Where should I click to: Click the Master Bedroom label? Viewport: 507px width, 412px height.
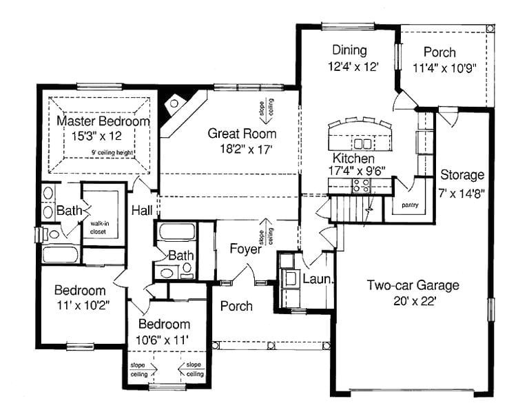103,121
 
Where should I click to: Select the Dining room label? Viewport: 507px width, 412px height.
349,50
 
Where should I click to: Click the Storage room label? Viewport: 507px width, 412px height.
462,175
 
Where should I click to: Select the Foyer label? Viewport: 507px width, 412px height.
246,249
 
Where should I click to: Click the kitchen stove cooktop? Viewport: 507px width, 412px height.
361,184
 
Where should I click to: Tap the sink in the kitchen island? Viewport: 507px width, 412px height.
361,144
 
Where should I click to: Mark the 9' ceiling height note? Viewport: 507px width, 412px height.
112,153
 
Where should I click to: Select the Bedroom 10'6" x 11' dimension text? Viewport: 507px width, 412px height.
164,339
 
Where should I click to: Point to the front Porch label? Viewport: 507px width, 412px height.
236,306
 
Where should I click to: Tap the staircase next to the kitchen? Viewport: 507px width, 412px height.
352,207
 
